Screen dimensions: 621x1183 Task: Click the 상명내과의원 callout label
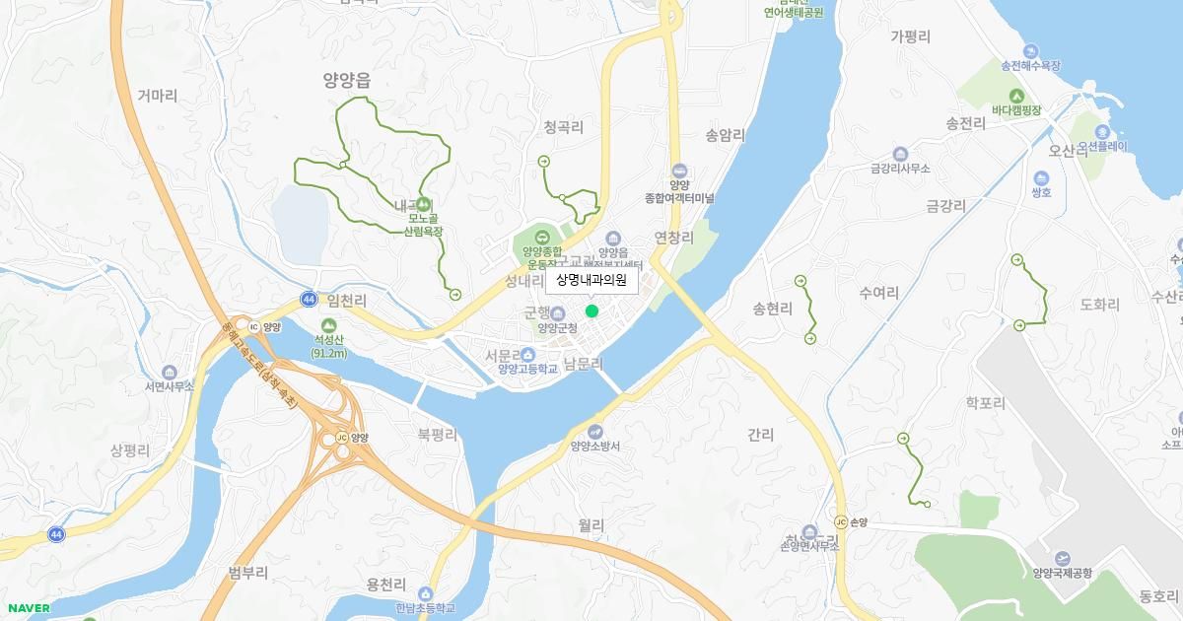click(x=591, y=280)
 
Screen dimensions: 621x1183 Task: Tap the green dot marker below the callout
click(x=591, y=311)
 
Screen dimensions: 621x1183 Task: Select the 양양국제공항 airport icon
click(x=1062, y=558)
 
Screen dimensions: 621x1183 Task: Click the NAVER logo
click(x=27, y=608)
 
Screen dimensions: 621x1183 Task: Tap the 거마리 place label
click(x=158, y=96)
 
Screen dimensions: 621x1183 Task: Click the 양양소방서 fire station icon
click(x=594, y=432)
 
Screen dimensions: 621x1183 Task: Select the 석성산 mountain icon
click(x=329, y=325)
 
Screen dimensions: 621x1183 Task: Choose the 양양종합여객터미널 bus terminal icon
click(x=678, y=172)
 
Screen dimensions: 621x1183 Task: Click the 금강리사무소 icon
click(x=900, y=154)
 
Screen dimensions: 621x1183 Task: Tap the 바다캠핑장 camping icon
click(x=1016, y=96)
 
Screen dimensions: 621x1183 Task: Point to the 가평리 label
click(x=910, y=36)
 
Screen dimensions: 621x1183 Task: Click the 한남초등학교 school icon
click(x=425, y=594)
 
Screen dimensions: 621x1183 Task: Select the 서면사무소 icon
click(x=169, y=372)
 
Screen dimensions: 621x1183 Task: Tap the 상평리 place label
click(x=130, y=450)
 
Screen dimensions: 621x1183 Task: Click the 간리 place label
click(x=760, y=434)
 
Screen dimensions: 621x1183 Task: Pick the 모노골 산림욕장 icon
click(x=423, y=204)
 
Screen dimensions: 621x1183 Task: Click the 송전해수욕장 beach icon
click(x=1030, y=51)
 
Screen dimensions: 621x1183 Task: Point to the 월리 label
click(x=591, y=525)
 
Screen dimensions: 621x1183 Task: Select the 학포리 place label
click(x=985, y=403)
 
